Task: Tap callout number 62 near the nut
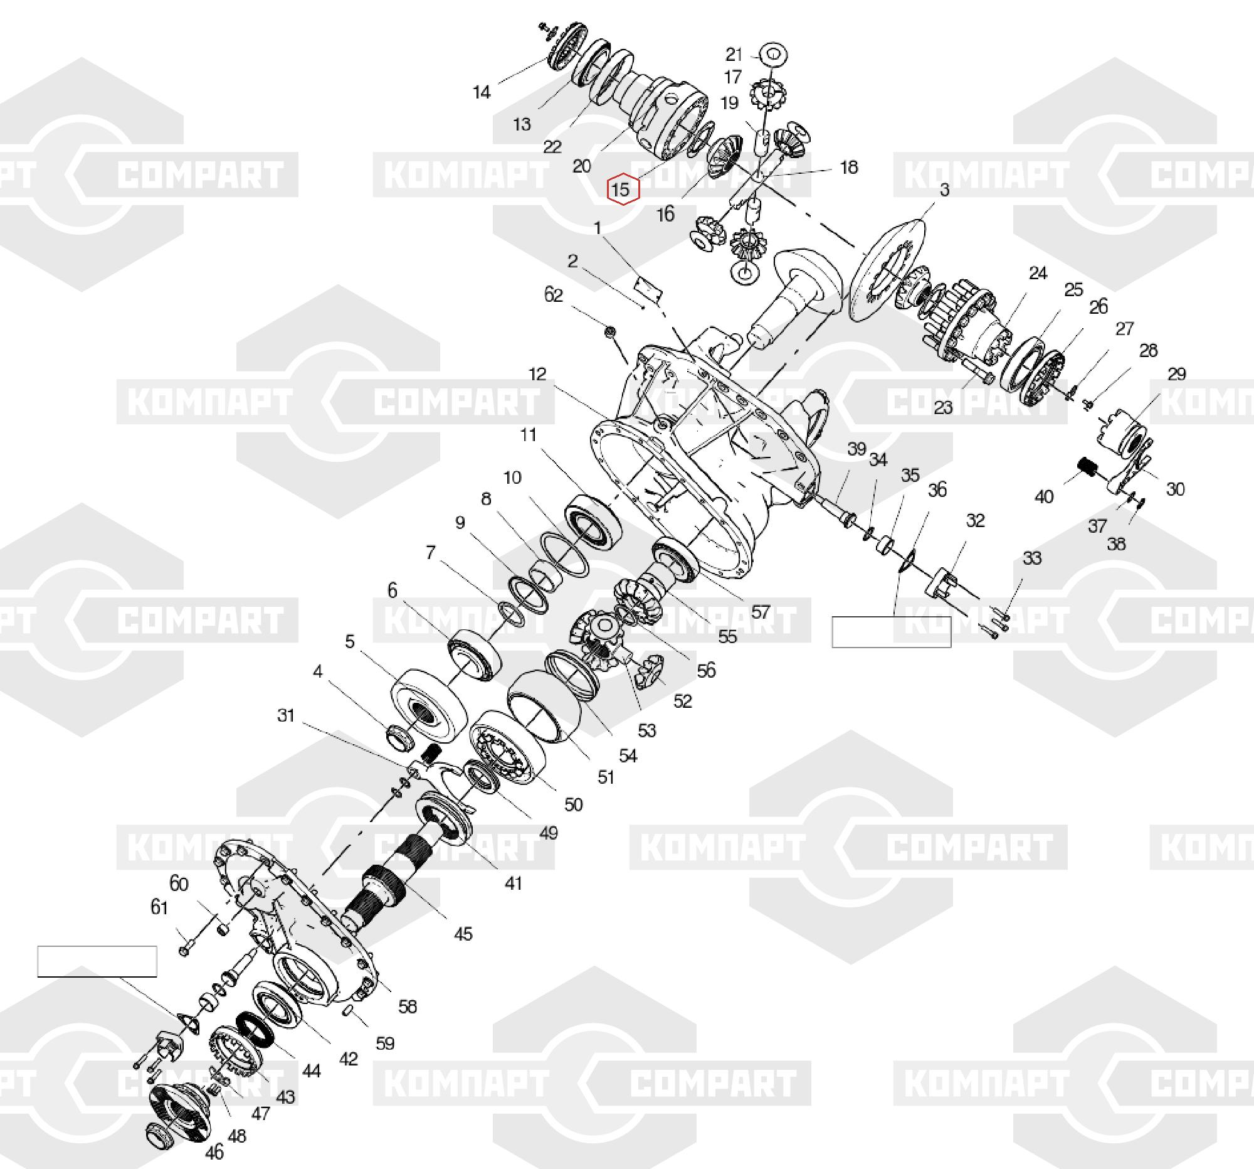(553, 295)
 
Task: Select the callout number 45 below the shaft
(463, 934)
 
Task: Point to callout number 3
(944, 189)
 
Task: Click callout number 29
(1176, 374)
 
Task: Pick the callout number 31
(286, 715)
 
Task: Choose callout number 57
(761, 611)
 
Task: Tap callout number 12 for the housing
(537, 374)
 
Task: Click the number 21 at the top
(734, 55)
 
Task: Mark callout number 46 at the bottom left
(214, 1152)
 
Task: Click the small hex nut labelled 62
(609, 331)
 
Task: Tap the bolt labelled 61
(185, 948)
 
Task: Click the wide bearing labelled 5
(428, 702)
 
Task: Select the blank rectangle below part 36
(892, 632)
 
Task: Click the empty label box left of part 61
(97, 961)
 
